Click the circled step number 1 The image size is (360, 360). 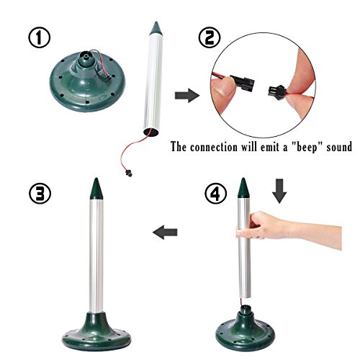40,38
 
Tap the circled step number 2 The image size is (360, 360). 210,38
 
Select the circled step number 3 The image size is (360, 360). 40,194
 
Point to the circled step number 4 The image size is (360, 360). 216,194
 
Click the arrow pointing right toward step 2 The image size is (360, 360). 187,95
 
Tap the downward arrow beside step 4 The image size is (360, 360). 279,191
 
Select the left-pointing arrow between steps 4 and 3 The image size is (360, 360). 165,232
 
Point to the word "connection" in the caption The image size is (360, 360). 214,147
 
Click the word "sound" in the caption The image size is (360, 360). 339,147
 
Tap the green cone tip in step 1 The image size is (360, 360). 156,28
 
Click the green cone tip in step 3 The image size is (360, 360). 96,189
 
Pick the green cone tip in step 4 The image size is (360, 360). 243,188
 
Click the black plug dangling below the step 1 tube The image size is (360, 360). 129,173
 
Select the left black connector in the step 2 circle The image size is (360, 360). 243,84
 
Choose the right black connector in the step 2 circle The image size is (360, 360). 276,91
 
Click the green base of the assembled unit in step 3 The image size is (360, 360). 96,332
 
